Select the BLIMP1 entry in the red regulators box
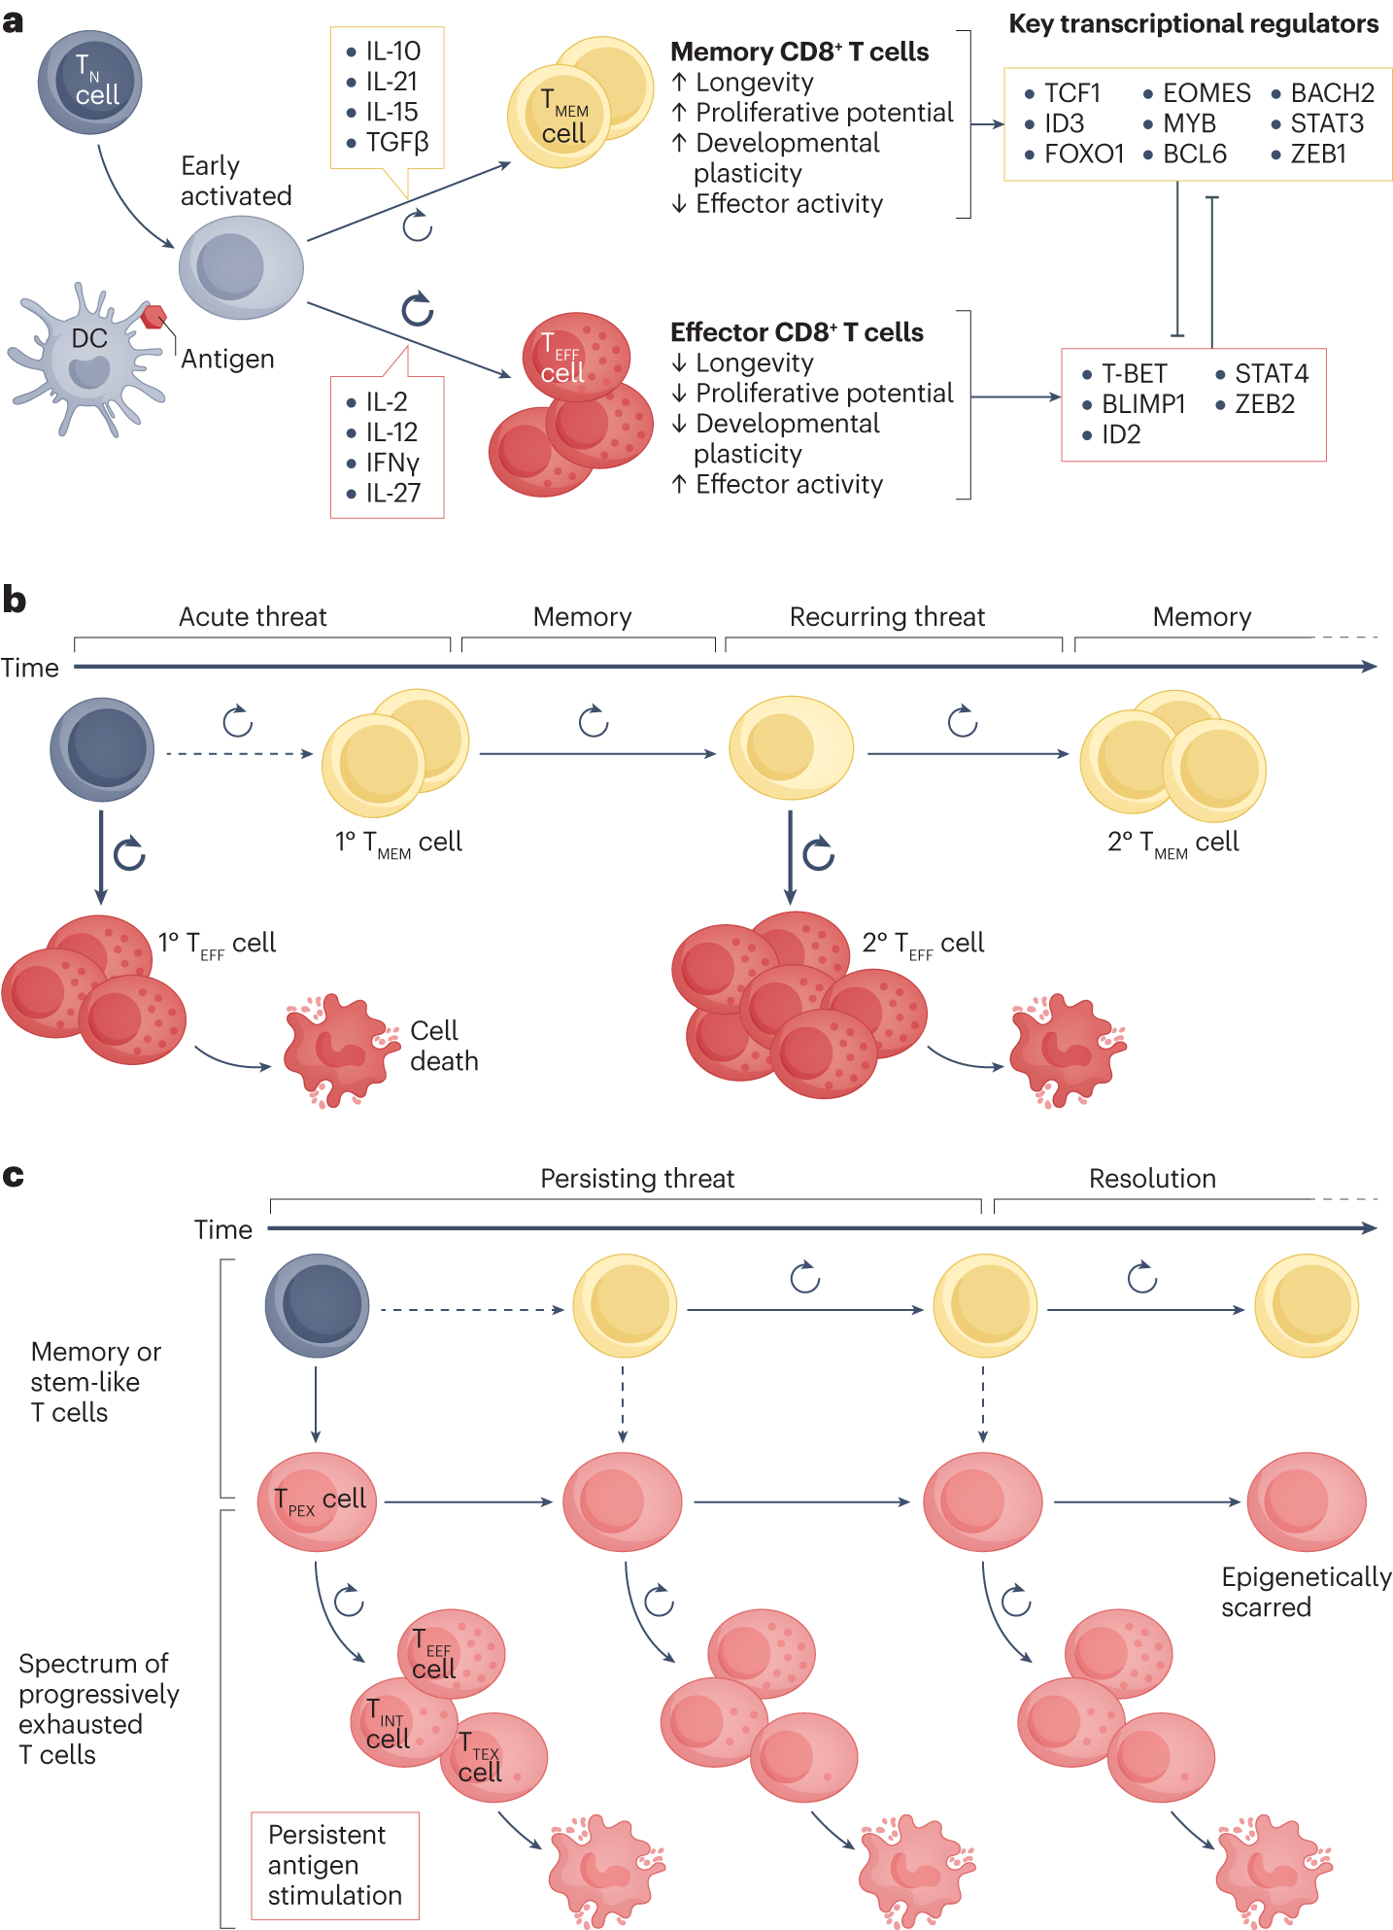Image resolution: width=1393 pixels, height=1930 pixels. tap(1142, 404)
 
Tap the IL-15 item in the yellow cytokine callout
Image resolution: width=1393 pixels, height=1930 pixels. tap(391, 112)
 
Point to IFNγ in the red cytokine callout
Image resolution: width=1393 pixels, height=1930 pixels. tap(391, 463)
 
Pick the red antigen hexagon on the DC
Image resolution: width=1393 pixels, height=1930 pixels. tap(153, 316)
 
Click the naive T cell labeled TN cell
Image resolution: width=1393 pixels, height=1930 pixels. tap(90, 82)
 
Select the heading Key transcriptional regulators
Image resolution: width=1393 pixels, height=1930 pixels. tap(1193, 24)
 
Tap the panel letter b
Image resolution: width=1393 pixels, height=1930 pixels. tap(14, 599)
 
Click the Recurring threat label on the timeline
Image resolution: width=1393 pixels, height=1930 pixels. tap(887, 617)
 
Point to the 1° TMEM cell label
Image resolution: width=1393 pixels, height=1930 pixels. tap(398, 843)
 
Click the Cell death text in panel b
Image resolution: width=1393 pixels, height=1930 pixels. tap(444, 1046)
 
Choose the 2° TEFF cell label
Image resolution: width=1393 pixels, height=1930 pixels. tap(923, 944)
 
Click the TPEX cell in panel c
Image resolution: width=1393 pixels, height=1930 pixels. tap(317, 1500)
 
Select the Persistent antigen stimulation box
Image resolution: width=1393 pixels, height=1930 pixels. tap(335, 1865)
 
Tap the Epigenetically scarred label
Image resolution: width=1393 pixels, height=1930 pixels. tap(1306, 1591)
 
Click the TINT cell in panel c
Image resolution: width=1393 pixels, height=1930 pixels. tap(401, 1723)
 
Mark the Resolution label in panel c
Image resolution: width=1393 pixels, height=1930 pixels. tap(1152, 1179)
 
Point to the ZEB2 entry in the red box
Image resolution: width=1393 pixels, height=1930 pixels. tap(1264, 404)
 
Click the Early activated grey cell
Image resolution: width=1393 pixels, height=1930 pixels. tap(240, 267)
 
